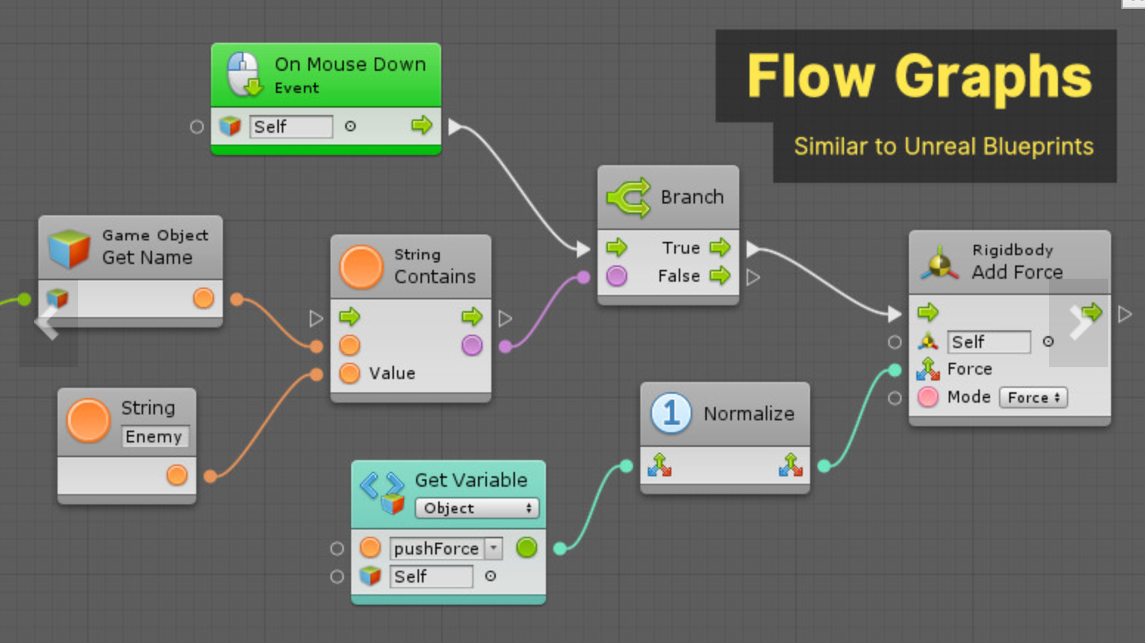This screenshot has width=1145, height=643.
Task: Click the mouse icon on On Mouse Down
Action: pos(243,74)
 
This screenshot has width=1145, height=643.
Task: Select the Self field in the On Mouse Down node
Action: pos(291,127)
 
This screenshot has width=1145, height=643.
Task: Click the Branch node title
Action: pos(691,197)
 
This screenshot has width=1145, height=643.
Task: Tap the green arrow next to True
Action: pos(719,248)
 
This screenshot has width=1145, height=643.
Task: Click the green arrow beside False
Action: pos(719,276)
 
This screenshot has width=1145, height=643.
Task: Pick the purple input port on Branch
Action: pos(617,276)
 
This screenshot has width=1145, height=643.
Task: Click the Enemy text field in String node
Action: pos(155,437)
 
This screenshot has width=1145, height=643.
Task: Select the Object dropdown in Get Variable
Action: pos(477,508)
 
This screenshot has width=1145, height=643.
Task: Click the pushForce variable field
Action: pos(437,549)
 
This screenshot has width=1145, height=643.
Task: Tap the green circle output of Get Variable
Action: pos(527,548)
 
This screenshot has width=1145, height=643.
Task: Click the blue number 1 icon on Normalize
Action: pos(671,413)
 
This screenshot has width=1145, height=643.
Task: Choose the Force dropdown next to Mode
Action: pos(1033,397)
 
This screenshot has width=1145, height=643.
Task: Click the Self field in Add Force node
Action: pos(988,342)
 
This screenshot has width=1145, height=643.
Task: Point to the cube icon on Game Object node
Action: pos(69,248)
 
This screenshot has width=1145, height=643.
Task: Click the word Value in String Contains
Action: pos(392,373)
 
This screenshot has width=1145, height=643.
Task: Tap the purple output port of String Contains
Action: pos(472,345)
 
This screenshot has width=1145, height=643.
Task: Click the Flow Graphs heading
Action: pos(919,76)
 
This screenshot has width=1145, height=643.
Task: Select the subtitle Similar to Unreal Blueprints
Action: pos(944,147)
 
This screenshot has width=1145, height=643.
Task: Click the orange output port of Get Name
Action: pos(204,298)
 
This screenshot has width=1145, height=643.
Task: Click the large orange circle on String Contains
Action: pos(362,267)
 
